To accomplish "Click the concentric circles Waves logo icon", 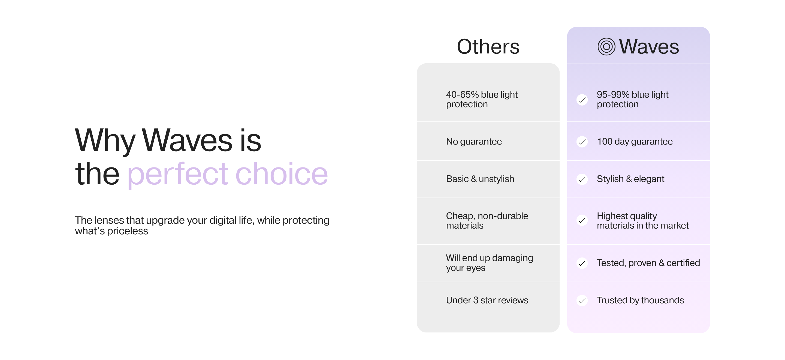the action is [606, 47].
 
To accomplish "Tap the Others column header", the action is [488, 47].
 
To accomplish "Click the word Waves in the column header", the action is [649, 47].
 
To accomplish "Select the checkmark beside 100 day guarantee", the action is [582, 142].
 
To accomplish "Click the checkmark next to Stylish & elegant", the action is [582, 179].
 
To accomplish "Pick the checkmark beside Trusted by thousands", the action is [582, 301].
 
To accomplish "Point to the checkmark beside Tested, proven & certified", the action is [582, 263].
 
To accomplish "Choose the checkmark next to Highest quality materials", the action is [582, 220].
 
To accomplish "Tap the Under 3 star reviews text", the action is [487, 300].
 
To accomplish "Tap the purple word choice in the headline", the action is [282, 173].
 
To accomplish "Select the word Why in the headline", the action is [105, 141].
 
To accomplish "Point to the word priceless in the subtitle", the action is [127, 231].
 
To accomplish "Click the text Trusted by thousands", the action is [640, 300].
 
